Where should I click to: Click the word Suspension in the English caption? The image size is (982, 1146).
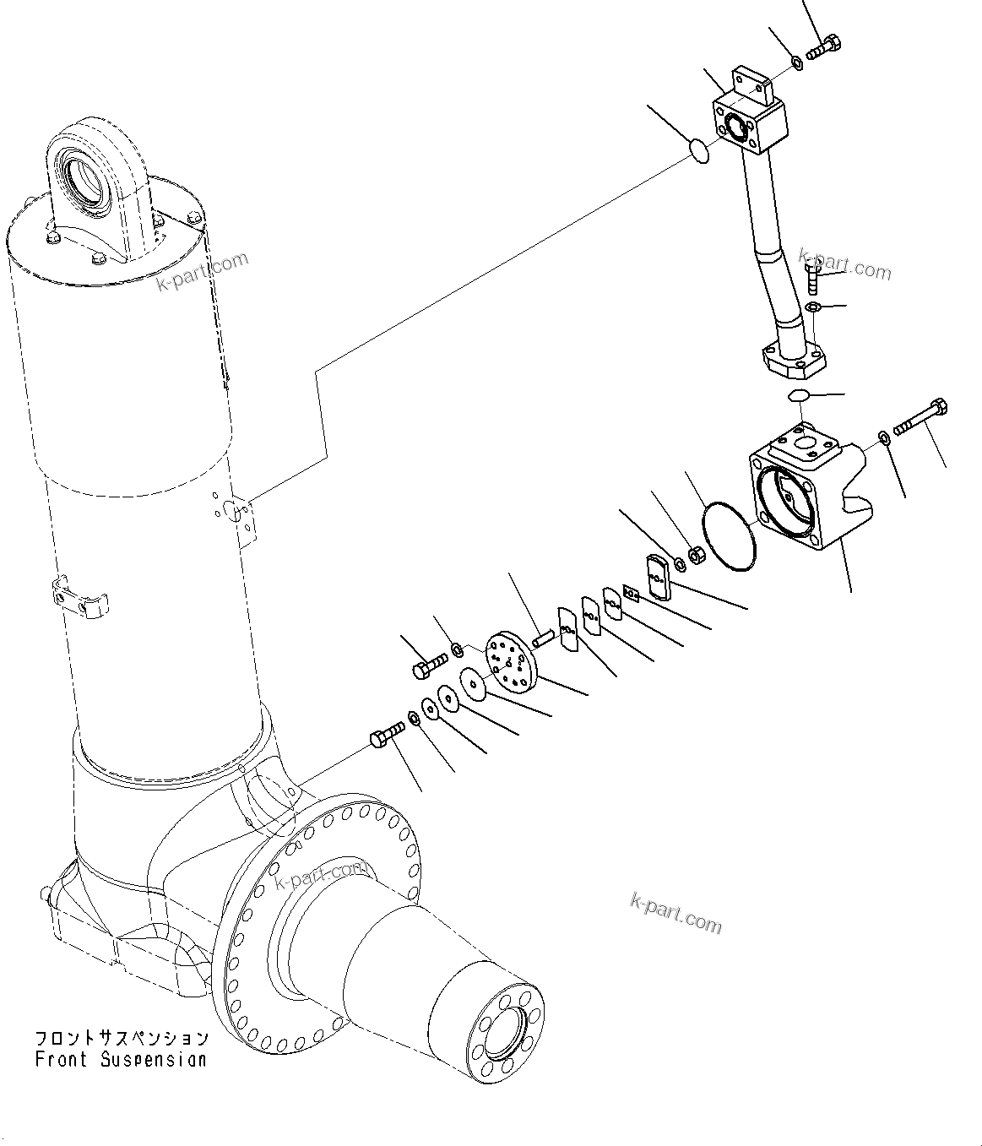tap(153, 1059)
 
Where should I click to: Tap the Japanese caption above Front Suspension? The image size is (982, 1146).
tap(121, 1038)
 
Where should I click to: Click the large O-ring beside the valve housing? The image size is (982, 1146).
tap(729, 536)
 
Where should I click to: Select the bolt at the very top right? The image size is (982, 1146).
tap(824, 46)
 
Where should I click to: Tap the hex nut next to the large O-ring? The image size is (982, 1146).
tap(697, 555)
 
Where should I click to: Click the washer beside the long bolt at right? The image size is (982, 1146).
tap(883, 436)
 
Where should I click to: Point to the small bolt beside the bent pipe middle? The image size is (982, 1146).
tap(811, 277)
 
